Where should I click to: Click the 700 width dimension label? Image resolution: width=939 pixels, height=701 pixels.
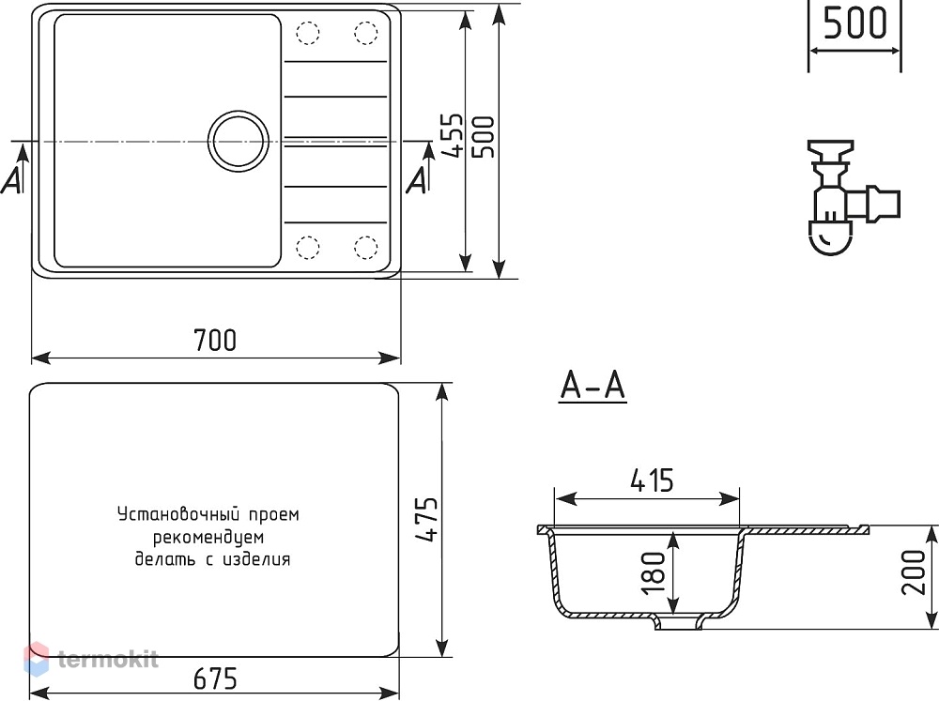(215, 340)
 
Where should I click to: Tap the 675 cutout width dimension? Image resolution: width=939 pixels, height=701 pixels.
(215, 678)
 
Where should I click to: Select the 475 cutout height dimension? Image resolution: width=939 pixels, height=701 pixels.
(427, 520)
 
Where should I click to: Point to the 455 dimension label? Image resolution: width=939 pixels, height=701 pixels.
(453, 135)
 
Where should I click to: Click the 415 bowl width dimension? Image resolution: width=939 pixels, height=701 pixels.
(652, 480)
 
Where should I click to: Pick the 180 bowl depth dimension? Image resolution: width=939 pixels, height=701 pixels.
(653, 572)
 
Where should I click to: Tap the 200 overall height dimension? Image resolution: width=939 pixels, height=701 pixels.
(914, 572)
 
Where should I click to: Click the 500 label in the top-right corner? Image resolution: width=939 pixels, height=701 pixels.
(854, 23)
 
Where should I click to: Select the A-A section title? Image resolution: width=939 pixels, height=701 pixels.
(593, 385)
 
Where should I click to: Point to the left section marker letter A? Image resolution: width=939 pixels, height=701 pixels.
(11, 179)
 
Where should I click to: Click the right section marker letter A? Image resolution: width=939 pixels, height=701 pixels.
(417, 179)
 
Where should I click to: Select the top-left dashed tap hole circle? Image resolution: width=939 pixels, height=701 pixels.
(308, 33)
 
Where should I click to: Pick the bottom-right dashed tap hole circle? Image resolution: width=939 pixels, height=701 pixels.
(366, 247)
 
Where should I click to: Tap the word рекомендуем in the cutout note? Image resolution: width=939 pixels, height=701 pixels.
(208, 537)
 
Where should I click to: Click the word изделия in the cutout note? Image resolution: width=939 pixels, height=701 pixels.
(256, 559)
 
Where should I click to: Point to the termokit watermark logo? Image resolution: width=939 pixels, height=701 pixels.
(91, 659)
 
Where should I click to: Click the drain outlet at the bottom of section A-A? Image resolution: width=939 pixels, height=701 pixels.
(678, 622)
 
